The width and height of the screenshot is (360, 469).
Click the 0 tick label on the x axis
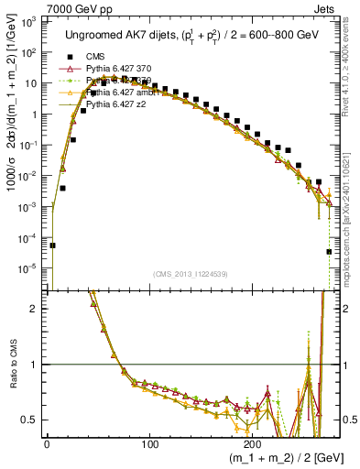pyautogui.click(x=47, y=443)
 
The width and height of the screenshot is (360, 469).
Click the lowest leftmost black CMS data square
pyautogui.click(x=53, y=245)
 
